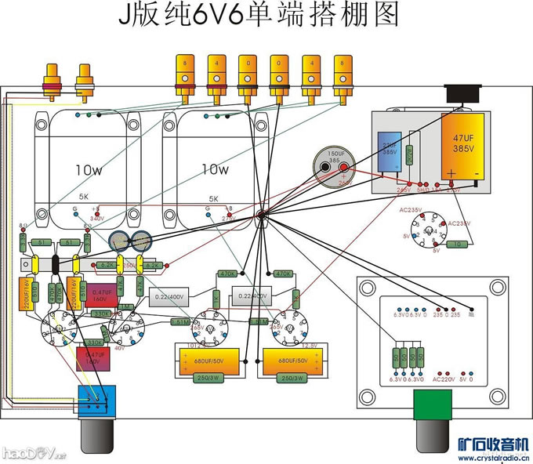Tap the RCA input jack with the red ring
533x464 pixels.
[x=55, y=81]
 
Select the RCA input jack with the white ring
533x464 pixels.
[x=85, y=81]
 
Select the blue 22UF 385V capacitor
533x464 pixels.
[x=389, y=151]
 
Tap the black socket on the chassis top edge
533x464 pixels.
[x=461, y=94]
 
